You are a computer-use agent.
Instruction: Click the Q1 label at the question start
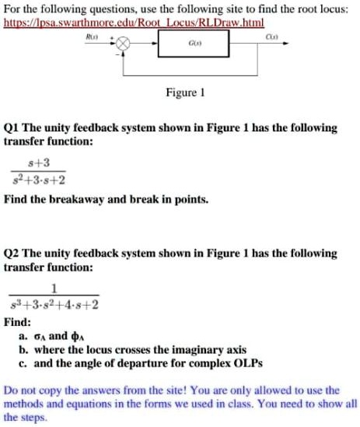point(11,128)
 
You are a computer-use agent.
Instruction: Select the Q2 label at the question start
point(11,254)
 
